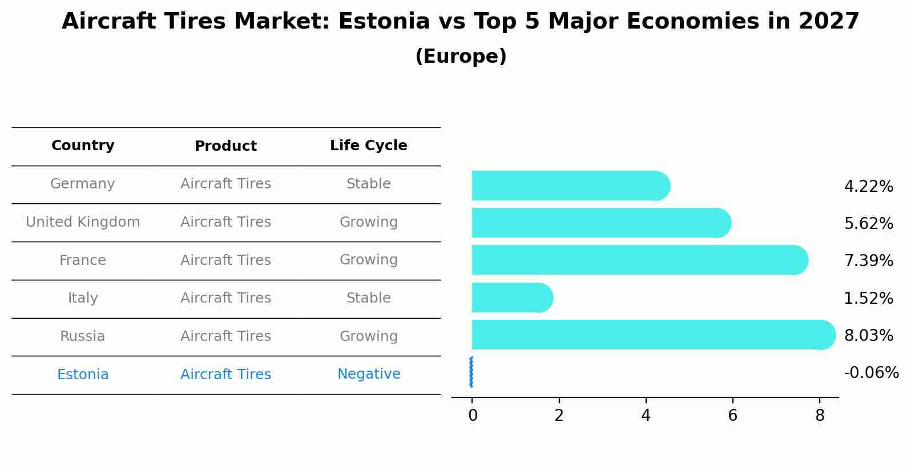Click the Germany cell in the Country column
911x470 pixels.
[x=83, y=184]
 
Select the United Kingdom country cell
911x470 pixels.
[x=83, y=222]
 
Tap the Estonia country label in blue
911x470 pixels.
[x=83, y=375]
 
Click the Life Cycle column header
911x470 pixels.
[x=368, y=146]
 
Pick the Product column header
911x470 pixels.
[x=225, y=146]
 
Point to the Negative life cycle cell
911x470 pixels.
[x=368, y=374]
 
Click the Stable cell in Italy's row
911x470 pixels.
[x=368, y=298]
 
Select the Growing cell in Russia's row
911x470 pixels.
[x=368, y=336]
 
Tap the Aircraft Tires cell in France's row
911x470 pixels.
[x=225, y=260]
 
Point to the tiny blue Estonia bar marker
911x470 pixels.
[x=471, y=372]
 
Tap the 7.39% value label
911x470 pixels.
[x=868, y=261]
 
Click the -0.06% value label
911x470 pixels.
[x=871, y=373]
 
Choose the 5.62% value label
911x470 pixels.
[x=868, y=224]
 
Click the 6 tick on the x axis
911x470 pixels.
[x=732, y=416]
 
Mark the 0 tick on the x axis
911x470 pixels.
[x=473, y=416]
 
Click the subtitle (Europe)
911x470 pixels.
[x=461, y=57]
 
